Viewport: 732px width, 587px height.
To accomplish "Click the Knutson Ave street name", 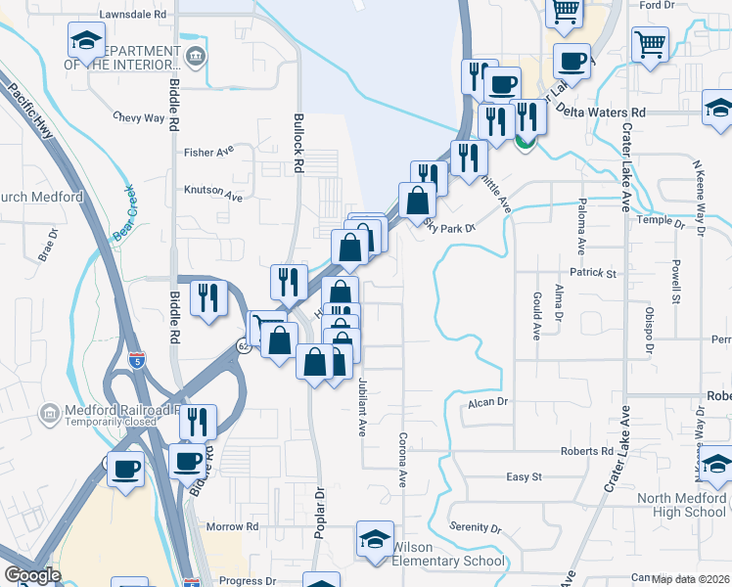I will pos(212,196).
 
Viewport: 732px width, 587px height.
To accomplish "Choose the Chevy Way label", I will pos(139,117).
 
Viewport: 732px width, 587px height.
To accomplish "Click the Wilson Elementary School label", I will pos(448,554).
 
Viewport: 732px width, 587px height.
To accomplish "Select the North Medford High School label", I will pos(681,505).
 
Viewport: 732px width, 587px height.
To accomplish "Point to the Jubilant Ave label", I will pos(362,406).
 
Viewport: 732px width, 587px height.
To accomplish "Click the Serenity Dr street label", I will pos(475,528).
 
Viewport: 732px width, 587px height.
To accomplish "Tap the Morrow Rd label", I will pos(232,526).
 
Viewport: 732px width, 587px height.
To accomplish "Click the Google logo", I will pos(32,575).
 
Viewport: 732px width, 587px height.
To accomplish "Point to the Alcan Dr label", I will pos(489,401).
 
